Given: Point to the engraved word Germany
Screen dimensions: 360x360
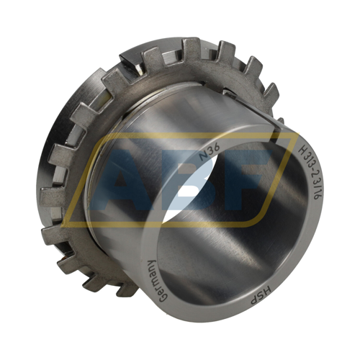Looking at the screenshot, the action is tap(156, 282).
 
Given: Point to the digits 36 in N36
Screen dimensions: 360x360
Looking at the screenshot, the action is tap(213, 150).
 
